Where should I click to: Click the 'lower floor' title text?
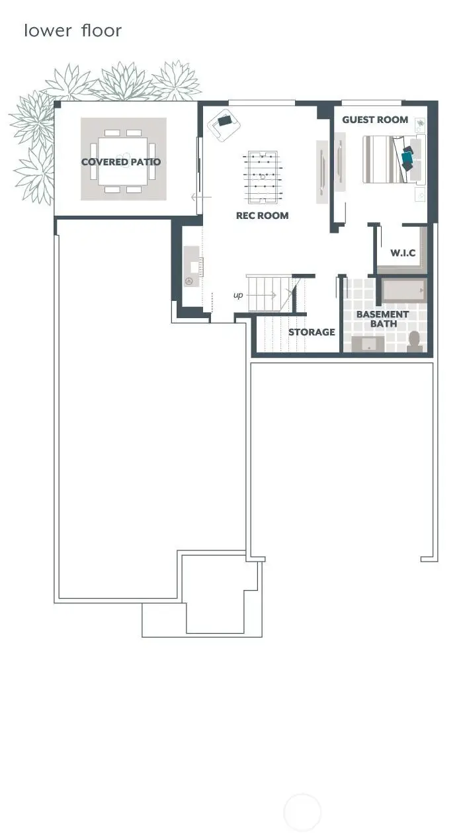pos(73,30)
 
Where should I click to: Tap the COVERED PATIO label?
pos(121,162)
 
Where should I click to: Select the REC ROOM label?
pos(263,216)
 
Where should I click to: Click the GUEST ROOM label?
pos(375,120)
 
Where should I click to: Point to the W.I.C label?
pos(403,253)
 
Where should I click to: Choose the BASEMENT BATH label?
pos(382,319)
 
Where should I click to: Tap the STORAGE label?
pos(312,332)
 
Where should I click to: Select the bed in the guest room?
pos(390,159)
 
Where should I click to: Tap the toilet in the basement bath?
pos(415,341)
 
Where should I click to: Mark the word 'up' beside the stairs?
pos(238,295)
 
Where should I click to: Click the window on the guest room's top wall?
pos(372,103)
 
